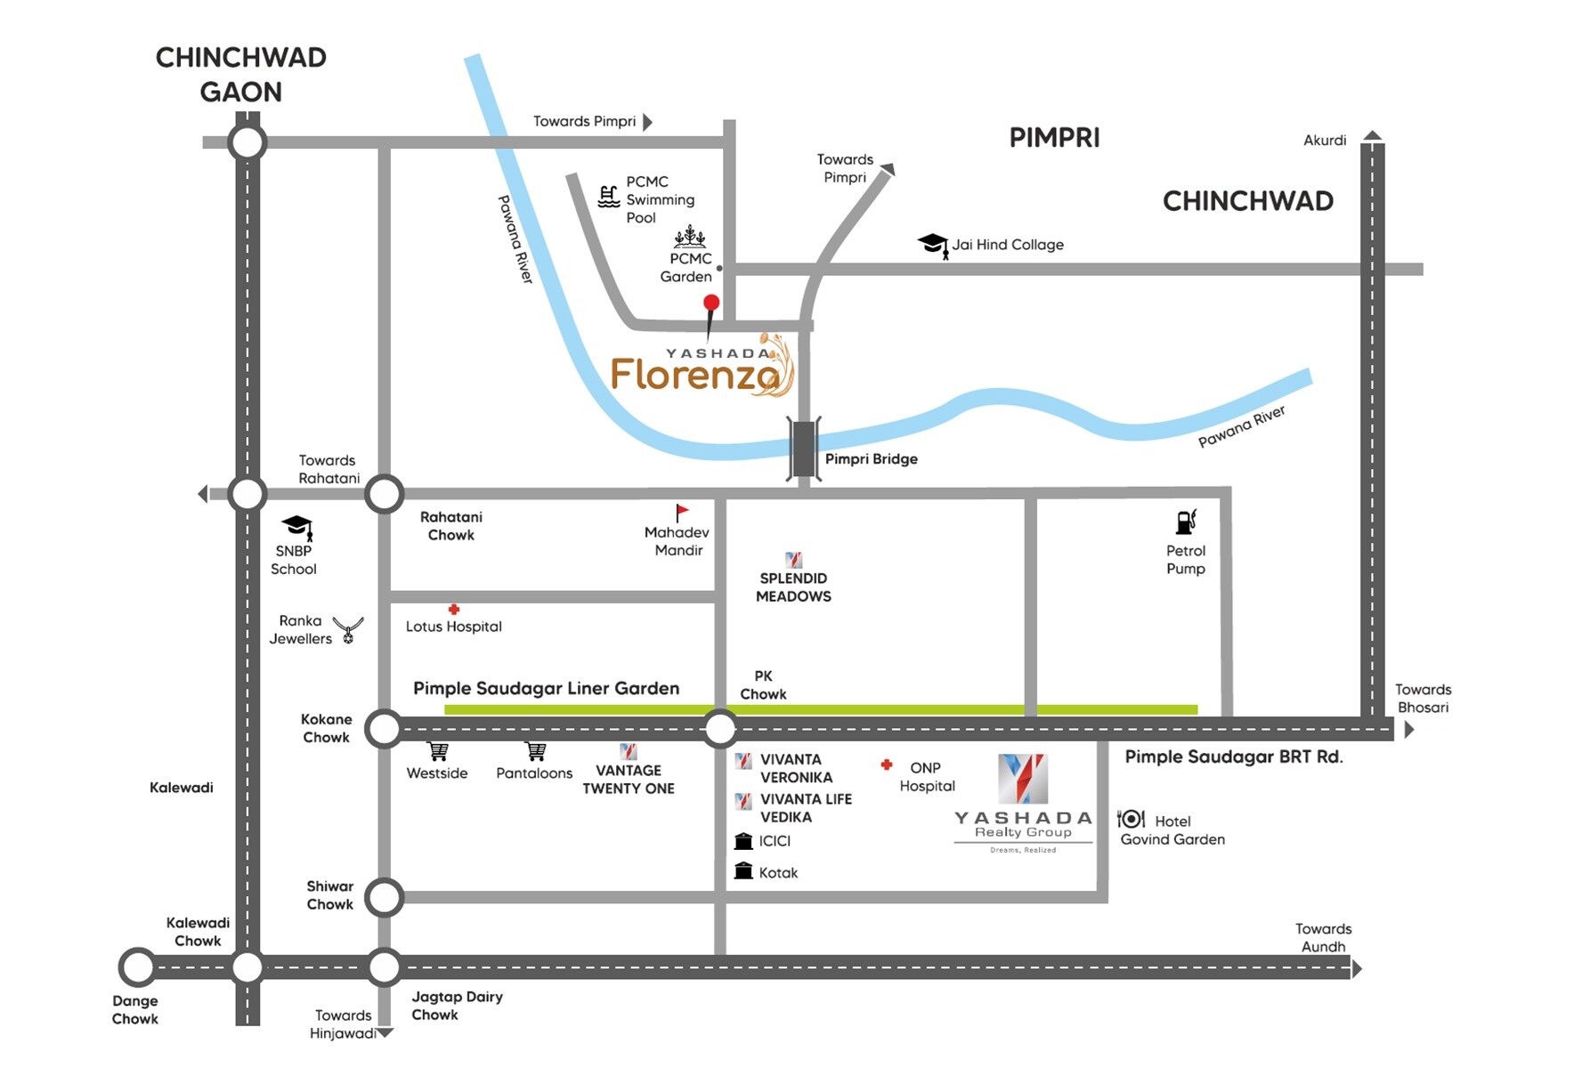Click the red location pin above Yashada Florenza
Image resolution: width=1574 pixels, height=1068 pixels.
710,304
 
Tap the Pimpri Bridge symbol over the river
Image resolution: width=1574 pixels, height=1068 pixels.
804,449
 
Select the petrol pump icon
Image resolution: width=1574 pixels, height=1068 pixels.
1187,522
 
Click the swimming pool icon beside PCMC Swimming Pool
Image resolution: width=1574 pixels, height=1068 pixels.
609,197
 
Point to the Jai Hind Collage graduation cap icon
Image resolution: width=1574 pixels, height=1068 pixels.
933,244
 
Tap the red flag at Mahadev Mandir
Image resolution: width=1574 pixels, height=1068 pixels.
681,513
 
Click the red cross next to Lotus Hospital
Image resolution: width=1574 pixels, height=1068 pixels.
454,610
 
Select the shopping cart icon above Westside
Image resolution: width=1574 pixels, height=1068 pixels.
438,752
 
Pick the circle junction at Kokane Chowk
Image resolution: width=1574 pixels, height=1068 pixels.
384,729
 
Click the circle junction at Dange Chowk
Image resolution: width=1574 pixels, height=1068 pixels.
138,967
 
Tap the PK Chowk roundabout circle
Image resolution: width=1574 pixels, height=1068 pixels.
720,729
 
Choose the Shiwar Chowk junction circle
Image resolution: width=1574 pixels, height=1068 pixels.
384,897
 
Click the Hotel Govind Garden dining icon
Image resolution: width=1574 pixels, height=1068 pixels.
1131,819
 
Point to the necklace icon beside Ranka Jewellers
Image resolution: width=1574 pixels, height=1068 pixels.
348,629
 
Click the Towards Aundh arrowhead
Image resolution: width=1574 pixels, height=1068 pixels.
1357,968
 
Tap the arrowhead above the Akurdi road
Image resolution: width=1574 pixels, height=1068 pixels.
1373,136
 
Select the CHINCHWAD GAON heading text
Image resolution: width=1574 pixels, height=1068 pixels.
240,75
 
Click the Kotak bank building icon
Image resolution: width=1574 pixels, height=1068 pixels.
743,871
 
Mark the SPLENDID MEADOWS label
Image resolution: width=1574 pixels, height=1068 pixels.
793,587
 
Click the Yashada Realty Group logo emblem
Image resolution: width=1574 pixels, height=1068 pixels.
1022,778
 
